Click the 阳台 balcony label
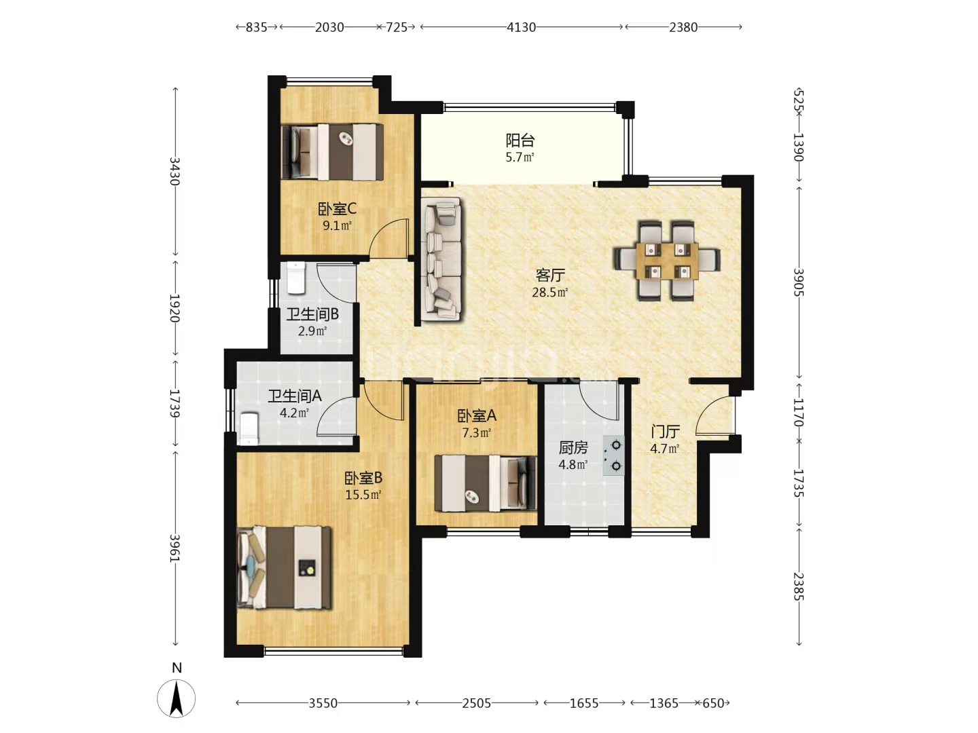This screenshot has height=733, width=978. pos(520,140)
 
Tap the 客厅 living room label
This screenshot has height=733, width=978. pos(550,275)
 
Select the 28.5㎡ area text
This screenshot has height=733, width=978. pos(550,293)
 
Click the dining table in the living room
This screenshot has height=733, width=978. pos(667,261)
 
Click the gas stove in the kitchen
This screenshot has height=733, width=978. pos(613,455)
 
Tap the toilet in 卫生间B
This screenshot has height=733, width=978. pos(296,278)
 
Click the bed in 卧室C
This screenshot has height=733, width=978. pos(332,152)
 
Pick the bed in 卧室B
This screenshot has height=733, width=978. pos(285,567)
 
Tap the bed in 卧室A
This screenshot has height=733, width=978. pos(486,483)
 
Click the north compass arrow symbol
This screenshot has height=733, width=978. pos(177,698)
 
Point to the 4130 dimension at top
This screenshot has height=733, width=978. pos(521,27)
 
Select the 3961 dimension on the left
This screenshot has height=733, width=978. pos(175,548)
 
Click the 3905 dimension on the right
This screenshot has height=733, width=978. pos(799,282)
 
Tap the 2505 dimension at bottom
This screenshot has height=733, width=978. pos(476,703)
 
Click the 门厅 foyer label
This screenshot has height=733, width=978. pos(665,431)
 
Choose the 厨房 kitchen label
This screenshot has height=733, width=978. pos(573,447)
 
